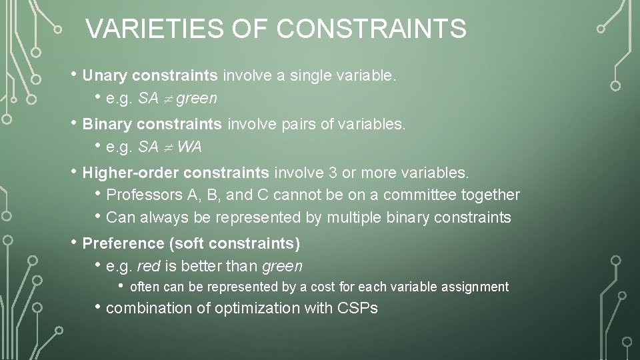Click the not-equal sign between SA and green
click(x=168, y=99)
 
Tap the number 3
click(x=332, y=173)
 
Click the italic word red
click(x=148, y=267)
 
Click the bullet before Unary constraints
click(x=75, y=75)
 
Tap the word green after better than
click(x=282, y=267)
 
